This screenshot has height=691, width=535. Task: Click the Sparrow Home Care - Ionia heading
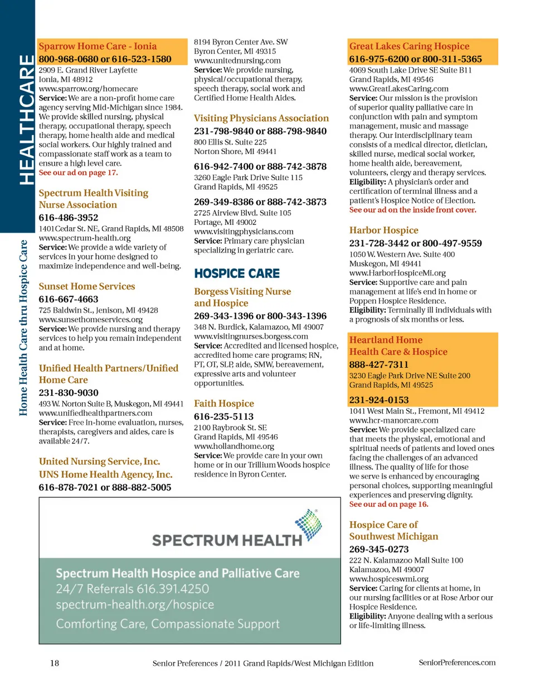[98, 46]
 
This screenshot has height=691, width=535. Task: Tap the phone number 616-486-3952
[69, 218]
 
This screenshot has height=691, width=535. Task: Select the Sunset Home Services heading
[87, 286]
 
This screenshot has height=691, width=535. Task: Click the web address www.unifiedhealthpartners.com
[96, 413]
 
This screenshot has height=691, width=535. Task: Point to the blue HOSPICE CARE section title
[237, 273]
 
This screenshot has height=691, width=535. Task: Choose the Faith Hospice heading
[224, 404]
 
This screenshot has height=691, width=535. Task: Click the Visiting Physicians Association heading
[261, 118]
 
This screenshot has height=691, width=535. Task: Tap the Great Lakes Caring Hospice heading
[409, 46]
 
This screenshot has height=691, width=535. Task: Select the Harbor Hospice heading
[383, 231]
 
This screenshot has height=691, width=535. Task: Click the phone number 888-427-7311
[379, 364]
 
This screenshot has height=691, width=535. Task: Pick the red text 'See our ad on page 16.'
[388, 505]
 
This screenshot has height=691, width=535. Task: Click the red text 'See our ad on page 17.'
[78, 173]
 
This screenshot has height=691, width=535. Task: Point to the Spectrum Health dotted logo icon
[308, 525]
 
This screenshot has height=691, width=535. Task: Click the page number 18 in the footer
[55, 663]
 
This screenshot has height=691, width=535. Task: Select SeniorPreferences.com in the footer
[457, 663]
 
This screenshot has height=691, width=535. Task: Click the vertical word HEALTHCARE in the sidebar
[26, 119]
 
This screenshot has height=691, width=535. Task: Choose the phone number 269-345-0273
[379, 549]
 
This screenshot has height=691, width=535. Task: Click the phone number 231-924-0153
[379, 400]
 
